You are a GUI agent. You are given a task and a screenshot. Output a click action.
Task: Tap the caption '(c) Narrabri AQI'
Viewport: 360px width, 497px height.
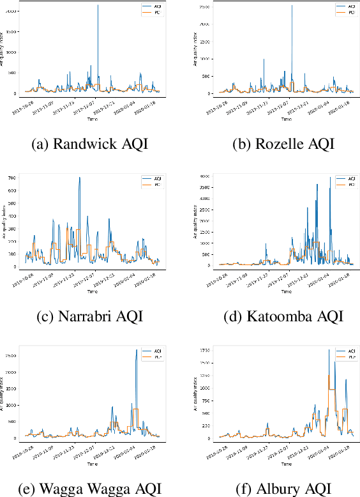(89, 316)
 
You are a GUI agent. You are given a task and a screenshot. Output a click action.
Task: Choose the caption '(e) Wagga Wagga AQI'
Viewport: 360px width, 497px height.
(89, 489)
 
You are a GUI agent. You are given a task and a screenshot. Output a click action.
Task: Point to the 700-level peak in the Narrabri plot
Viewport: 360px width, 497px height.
(80, 178)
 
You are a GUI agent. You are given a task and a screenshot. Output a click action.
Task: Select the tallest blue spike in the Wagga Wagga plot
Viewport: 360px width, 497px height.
(136, 350)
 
